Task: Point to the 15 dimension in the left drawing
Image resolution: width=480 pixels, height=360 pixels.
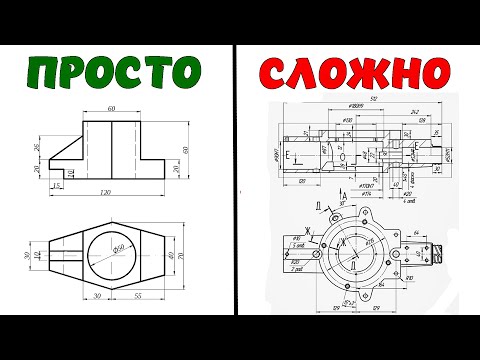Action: [31, 185]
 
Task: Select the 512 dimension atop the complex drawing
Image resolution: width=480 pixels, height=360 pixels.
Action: [373, 101]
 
